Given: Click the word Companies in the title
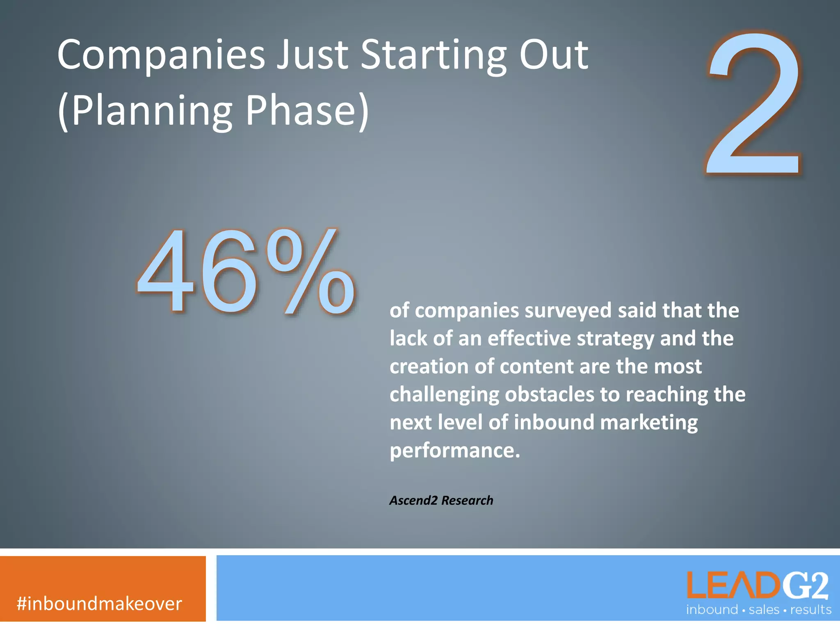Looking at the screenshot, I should pos(161,55).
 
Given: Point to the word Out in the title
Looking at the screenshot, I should pos(554,55).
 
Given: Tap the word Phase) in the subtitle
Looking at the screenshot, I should pos(307,111).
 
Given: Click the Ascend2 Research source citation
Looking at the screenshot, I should pos(441,500).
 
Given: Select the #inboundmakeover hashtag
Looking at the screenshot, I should pos(99,604).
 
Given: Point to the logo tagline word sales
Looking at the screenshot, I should pos(764,610).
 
